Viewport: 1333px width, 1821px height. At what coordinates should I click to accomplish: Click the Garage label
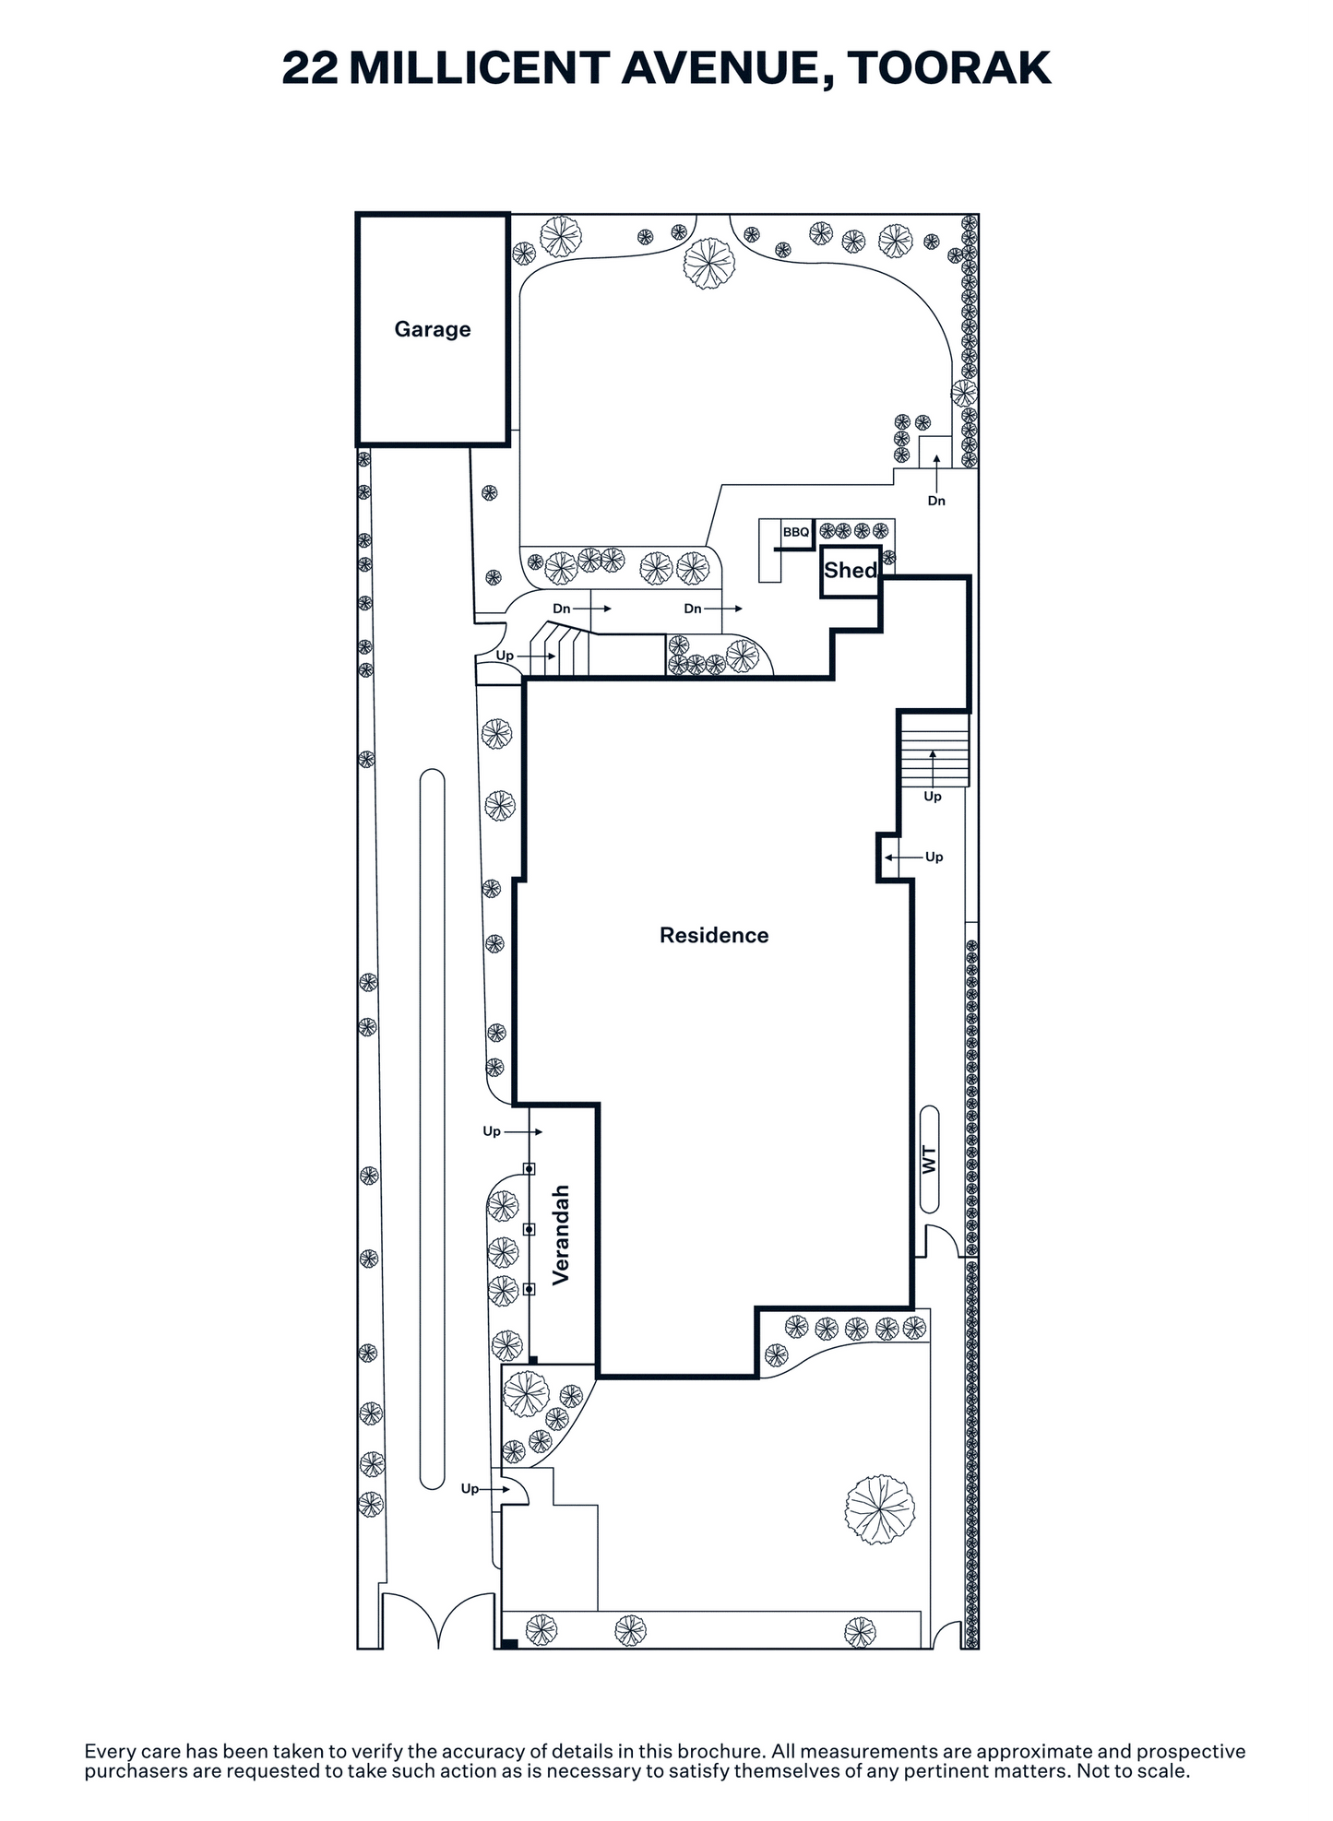point(433,329)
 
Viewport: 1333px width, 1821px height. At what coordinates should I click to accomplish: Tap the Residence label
point(714,935)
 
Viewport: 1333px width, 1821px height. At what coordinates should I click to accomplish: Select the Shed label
point(850,570)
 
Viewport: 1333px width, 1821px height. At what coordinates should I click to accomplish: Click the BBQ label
point(796,532)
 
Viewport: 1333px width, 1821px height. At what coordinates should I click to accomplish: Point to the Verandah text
point(561,1235)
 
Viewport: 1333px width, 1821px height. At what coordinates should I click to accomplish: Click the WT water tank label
point(929,1160)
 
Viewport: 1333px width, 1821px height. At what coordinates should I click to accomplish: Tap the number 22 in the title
point(310,68)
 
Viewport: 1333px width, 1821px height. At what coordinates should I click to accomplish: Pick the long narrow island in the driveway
point(432,1129)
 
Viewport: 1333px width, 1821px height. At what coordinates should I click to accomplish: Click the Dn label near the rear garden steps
point(936,501)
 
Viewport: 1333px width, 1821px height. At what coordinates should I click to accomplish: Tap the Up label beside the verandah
point(492,1131)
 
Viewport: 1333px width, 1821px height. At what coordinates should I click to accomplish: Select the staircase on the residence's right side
point(934,749)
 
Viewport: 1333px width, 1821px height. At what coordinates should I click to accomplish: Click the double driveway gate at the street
point(438,1620)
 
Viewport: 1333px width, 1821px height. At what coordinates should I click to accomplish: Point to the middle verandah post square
point(530,1229)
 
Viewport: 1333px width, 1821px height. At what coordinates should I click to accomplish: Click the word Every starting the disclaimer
point(108,1752)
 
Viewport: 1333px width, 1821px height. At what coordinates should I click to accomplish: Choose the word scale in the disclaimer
point(1163,1771)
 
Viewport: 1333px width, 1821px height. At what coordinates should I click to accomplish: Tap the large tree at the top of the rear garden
point(709,264)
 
